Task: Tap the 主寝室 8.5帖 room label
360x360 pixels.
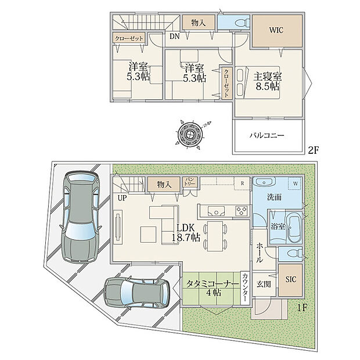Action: coord(267,80)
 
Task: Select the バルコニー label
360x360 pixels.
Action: coord(267,135)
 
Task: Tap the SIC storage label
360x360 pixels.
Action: coord(290,279)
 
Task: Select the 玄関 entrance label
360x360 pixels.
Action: coord(264,284)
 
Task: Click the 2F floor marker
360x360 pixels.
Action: coord(313,150)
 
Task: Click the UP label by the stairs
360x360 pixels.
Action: coord(121,198)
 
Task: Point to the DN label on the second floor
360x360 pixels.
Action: coord(174,36)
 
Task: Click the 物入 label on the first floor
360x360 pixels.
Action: coord(163,185)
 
